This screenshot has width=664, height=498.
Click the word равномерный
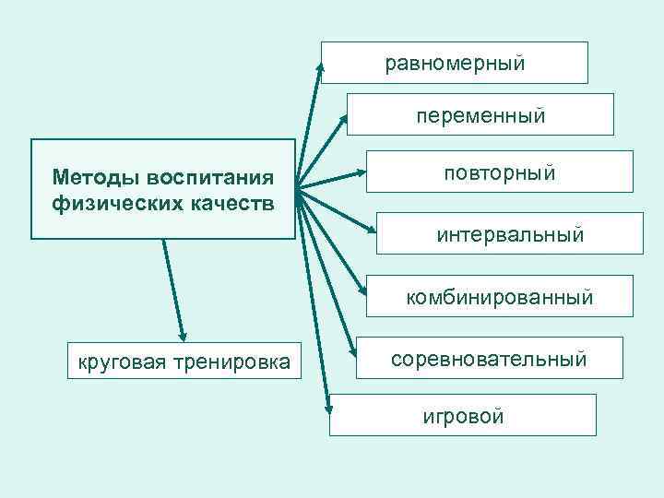click(455, 64)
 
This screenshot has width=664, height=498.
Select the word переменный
click(480, 116)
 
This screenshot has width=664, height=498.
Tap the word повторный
click(499, 172)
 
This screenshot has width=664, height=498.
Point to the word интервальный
click(510, 234)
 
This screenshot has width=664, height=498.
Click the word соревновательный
click(488, 359)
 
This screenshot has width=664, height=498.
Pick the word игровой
click(463, 416)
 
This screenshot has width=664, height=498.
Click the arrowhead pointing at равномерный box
click(321, 67)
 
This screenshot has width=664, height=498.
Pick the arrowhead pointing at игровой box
click(326, 410)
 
